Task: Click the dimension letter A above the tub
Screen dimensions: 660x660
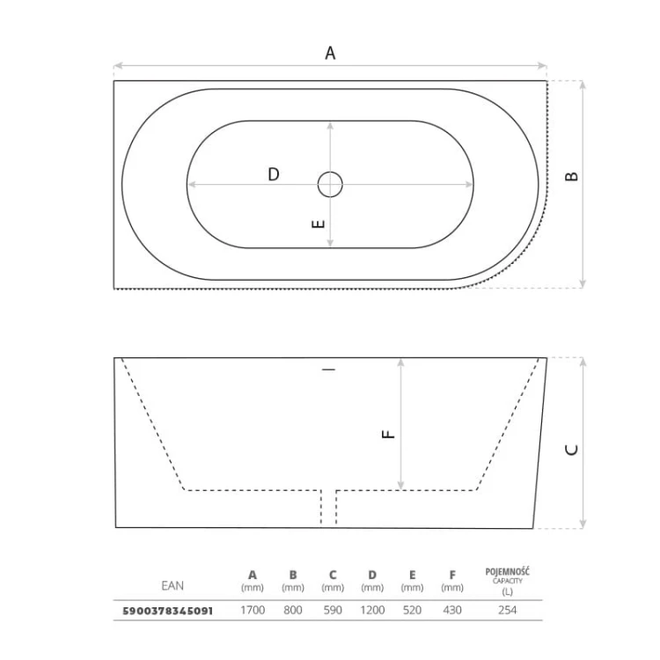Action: [330, 54]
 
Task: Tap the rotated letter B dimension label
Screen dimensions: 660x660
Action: [571, 176]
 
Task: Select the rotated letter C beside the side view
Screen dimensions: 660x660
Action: [571, 450]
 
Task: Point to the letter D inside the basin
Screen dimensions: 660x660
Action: [274, 174]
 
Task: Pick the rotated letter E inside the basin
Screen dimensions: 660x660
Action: [319, 224]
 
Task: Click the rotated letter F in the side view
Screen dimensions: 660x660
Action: [388, 434]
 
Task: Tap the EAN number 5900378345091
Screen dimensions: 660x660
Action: [167, 611]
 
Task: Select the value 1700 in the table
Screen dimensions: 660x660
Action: [253, 611]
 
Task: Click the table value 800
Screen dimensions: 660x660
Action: [292, 611]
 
